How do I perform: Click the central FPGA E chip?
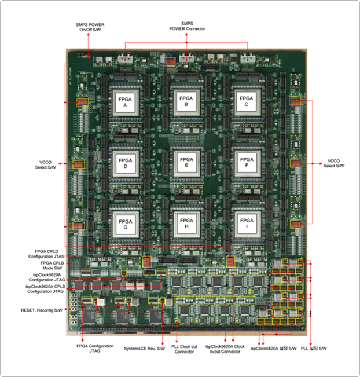click(x=186, y=163)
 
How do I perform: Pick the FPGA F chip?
click(x=247, y=163)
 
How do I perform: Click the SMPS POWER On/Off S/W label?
click(x=88, y=27)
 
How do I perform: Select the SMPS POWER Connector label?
click(x=187, y=25)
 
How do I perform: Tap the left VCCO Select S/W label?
click(x=47, y=164)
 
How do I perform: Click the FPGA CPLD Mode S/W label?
click(x=50, y=265)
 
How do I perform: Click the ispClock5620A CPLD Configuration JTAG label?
click(x=46, y=288)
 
